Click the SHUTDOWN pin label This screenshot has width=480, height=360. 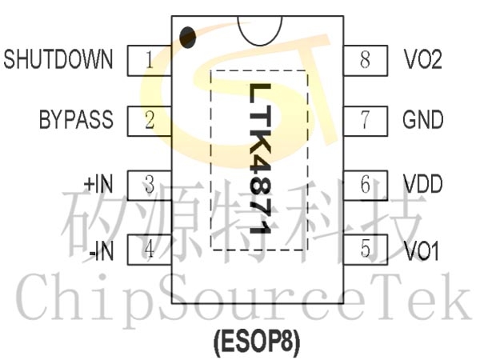coord(58,59)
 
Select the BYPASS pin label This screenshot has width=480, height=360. coord(76,119)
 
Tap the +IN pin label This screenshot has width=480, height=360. coord(98,184)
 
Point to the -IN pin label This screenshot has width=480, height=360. coord(102,251)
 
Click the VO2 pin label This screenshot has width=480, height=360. coord(422,59)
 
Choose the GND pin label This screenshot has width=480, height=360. coord(422,119)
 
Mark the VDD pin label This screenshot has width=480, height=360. coord(422,184)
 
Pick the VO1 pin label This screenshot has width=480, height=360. coord(422,251)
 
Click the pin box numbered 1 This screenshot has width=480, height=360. coord(149,60)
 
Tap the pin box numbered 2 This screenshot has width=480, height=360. coord(149,121)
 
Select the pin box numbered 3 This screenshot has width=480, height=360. coord(149,186)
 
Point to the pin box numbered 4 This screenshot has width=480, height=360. coord(149,250)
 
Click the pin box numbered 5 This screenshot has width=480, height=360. coord(366,250)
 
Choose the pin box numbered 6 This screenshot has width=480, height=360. coord(366,186)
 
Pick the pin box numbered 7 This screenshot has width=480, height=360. coord(366,121)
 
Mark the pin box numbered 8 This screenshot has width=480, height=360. coord(366,60)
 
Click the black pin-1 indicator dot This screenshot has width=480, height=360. coord(187,38)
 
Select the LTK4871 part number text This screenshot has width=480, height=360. coord(260,158)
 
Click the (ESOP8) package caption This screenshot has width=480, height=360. coord(257,342)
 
